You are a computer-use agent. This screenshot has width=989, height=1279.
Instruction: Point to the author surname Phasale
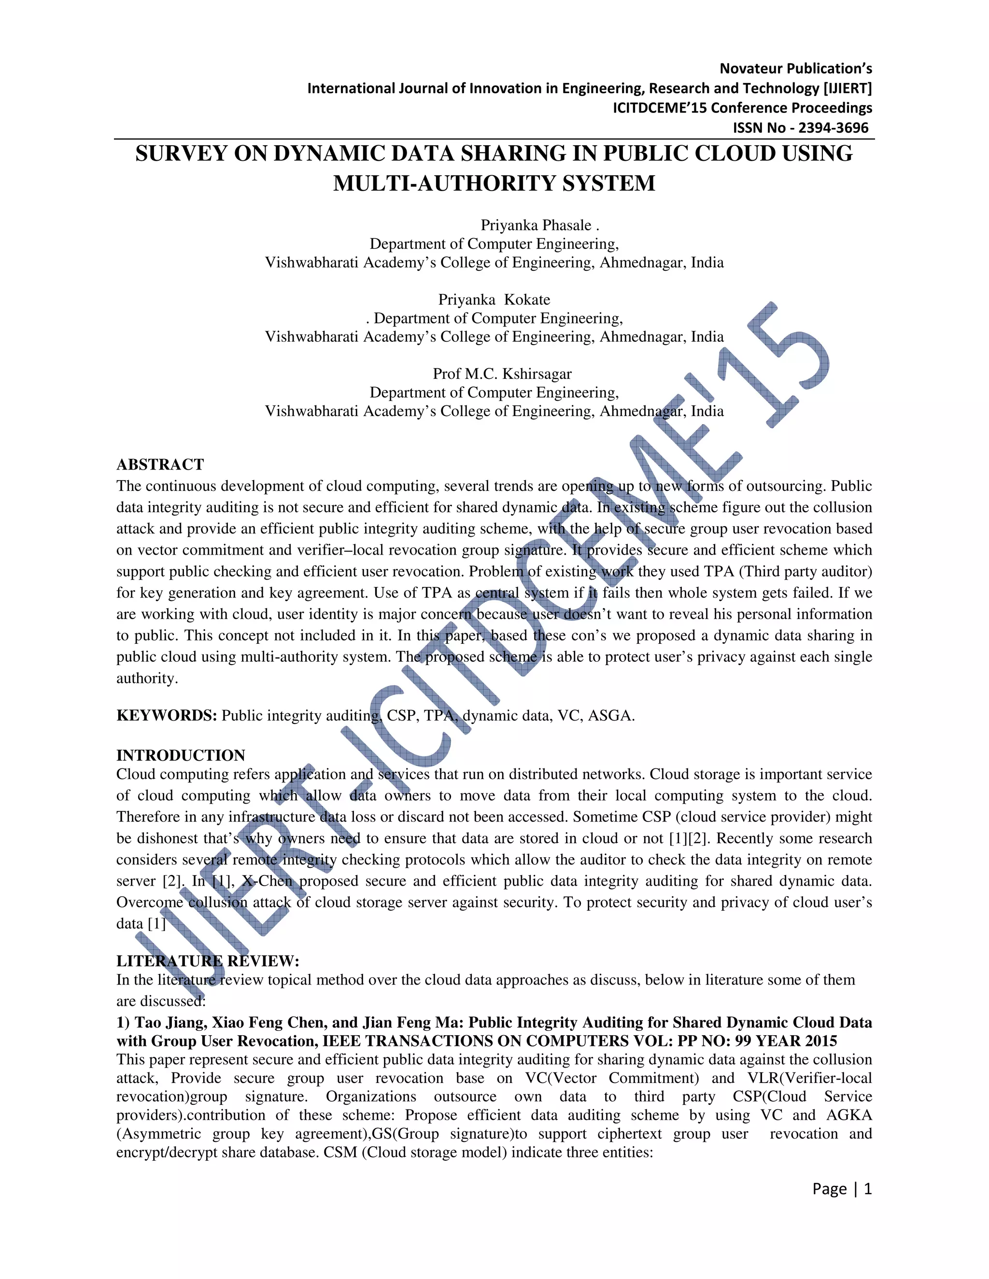[x=567, y=225]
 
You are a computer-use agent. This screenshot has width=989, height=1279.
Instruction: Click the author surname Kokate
[x=527, y=300]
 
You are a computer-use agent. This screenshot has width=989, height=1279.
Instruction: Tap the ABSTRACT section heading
[x=160, y=464]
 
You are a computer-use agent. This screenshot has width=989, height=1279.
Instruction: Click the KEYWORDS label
[x=166, y=716]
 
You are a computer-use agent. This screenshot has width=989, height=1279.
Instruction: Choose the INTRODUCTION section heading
[x=181, y=755]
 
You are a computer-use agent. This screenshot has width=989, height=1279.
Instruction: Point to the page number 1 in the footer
[x=868, y=1189]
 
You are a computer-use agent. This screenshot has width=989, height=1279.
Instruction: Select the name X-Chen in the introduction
[x=267, y=881]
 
